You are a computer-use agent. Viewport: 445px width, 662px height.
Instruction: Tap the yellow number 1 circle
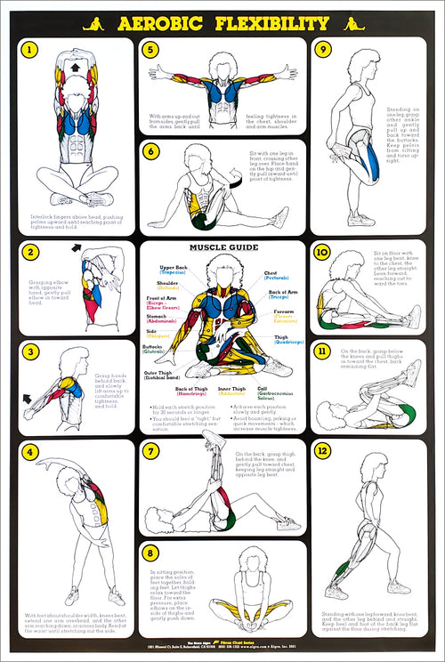pos(31,51)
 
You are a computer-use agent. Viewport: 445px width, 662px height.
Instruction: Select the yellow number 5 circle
pos(151,50)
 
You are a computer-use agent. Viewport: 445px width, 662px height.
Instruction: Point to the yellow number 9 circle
pos(323,50)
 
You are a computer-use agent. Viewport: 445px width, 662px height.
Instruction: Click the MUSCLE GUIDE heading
pos(222,247)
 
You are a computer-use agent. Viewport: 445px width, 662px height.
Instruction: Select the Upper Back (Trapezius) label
pos(174,270)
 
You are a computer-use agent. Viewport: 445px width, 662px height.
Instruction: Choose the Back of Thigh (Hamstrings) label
pos(192,392)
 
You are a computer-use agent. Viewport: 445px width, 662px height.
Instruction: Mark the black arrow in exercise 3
pos(28,398)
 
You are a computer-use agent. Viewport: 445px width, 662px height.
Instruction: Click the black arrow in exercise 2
pos(77,248)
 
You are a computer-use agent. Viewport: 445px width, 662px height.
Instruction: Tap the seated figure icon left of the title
pos(93,24)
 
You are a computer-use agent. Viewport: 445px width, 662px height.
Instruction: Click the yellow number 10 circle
pos(323,252)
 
